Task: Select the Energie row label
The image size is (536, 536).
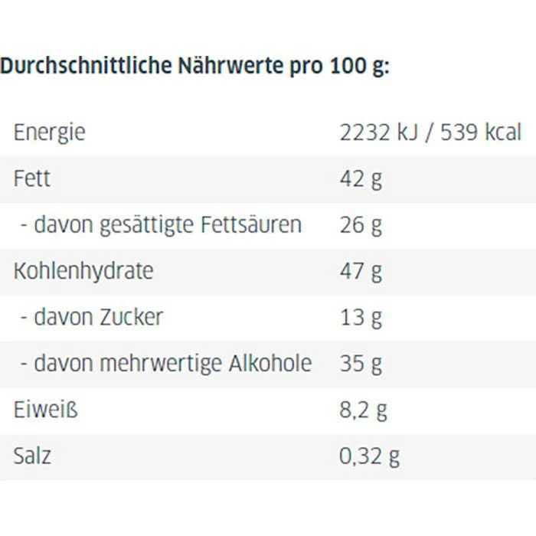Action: (x=49, y=133)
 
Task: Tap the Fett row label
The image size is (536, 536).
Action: (x=31, y=179)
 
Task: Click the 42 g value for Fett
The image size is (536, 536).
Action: (x=361, y=179)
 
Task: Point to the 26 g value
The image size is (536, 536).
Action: (x=361, y=225)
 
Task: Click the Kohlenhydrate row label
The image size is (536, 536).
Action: (x=83, y=271)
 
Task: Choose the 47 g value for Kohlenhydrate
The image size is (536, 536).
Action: (x=361, y=271)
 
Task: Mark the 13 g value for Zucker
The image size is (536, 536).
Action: (x=361, y=317)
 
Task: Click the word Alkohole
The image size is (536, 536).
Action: (x=270, y=363)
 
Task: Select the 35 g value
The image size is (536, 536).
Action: (x=361, y=363)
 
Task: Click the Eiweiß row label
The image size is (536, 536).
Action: (x=45, y=410)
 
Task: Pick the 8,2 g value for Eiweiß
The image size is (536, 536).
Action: (x=363, y=410)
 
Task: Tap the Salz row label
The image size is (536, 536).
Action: (x=32, y=456)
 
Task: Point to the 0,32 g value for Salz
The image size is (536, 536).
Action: (x=369, y=456)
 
